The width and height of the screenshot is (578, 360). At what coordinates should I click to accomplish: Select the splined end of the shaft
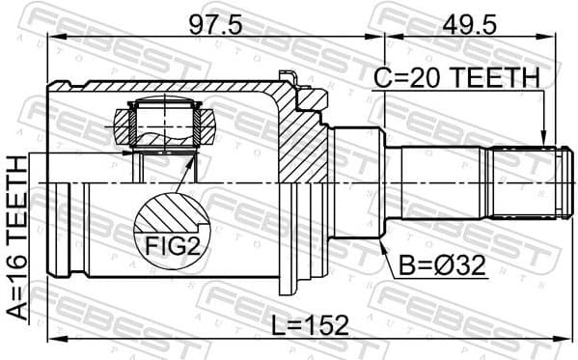526,181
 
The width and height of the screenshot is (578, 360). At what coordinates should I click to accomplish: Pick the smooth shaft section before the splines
439,181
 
